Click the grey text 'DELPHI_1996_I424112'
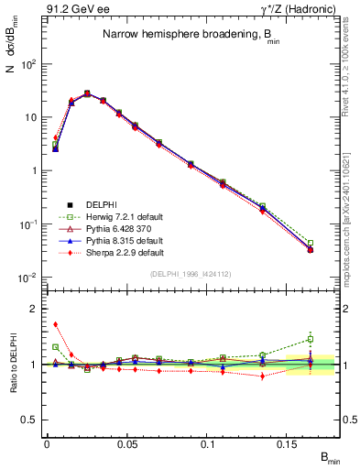pos(191,274)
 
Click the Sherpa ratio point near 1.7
pos(55,324)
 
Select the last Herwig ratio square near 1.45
pos(311,339)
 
